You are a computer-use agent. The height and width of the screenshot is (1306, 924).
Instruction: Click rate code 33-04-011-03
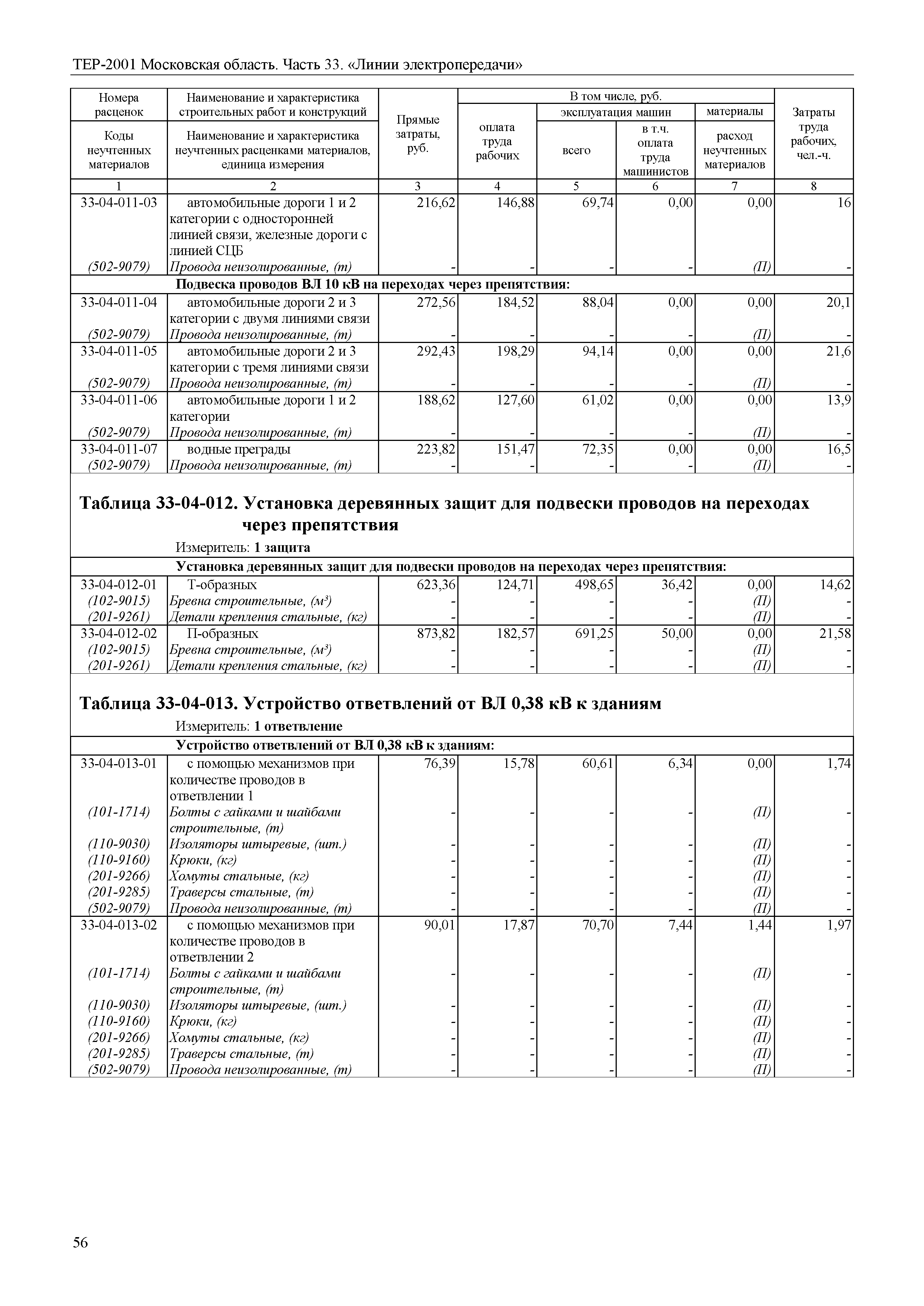pos(119,203)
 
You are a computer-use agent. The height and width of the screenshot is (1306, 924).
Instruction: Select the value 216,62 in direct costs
pos(436,203)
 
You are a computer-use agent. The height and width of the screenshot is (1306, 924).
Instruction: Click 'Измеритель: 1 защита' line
pos(243,547)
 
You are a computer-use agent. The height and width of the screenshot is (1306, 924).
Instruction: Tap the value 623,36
pos(436,585)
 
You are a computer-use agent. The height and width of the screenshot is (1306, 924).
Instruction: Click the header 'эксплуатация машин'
pos(616,112)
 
